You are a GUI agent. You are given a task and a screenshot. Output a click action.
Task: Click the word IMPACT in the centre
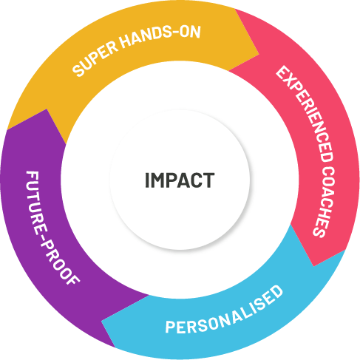[180, 180]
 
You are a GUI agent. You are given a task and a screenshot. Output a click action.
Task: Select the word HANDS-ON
[161, 35]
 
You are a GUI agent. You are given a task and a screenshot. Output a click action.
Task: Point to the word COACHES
[325, 201]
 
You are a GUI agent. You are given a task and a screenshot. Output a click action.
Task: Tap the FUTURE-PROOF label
[52, 228]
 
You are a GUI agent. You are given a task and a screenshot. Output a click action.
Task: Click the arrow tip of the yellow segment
[259, 54]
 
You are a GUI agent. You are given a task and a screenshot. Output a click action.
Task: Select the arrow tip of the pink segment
[313, 266]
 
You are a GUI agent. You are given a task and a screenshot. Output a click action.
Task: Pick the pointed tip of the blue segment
[101, 321]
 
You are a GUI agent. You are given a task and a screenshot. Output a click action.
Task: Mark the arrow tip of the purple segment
[47, 109]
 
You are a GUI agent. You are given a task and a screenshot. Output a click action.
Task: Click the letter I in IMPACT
[147, 180]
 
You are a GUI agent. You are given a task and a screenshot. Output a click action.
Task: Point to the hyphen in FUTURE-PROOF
[44, 235]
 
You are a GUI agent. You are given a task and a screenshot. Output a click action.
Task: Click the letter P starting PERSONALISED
[170, 327]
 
